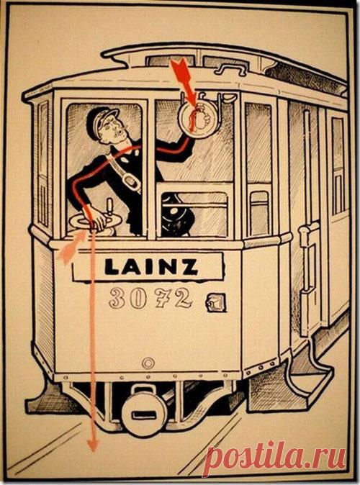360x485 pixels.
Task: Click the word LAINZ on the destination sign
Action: (x=150, y=266)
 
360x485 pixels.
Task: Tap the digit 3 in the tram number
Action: (x=117, y=298)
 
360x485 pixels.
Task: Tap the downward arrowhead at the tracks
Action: (x=93, y=445)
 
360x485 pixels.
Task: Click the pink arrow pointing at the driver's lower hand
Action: (x=71, y=247)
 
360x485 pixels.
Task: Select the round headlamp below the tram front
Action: (x=143, y=411)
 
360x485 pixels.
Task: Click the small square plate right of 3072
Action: (x=216, y=302)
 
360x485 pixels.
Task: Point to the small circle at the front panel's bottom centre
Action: (x=148, y=363)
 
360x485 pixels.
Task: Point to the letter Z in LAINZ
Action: (x=189, y=267)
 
